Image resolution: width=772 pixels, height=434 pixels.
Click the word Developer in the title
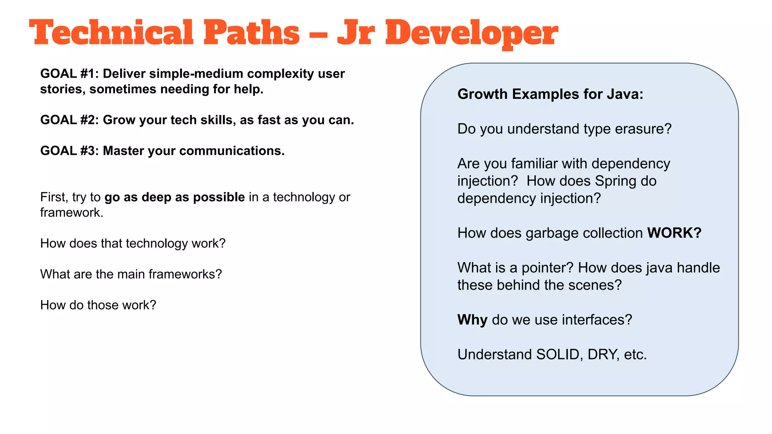point(471,33)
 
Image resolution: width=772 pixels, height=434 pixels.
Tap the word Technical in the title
point(111,33)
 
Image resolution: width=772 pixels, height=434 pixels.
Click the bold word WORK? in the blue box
point(674,233)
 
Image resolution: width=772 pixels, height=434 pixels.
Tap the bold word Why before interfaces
point(472,320)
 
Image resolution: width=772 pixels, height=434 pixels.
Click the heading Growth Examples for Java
point(550,94)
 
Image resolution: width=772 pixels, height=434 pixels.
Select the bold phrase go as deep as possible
point(175,197)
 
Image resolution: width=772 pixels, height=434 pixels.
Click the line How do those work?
point(98,305)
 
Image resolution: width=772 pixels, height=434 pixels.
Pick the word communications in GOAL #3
point(231,151)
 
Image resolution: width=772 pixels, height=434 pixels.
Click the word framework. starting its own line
point(72,213)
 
